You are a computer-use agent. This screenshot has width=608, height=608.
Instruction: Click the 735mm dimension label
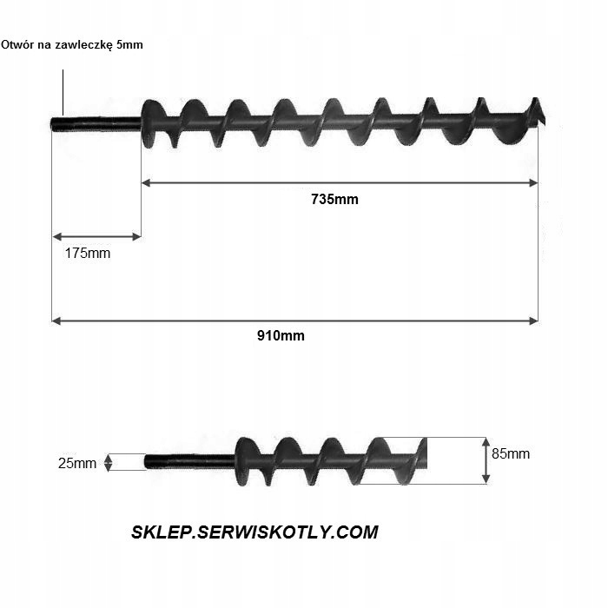pyautogui.click(x=334, y=199)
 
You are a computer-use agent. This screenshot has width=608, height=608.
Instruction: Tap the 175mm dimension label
pyautogui.click(x=88, y=254)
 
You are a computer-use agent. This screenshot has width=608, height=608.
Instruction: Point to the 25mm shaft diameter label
pyautogui.click(x=77, y=463)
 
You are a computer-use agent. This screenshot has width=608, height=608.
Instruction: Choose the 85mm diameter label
pyautogui.click(x=511, y=453)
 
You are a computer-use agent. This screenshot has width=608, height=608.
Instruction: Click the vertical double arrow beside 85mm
pyautogui.click(x=486, y=460)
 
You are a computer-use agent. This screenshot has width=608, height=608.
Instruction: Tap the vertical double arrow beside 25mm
pyautogui.click(x=108, y=462)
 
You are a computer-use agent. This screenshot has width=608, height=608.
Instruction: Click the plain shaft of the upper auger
pyautogui.click(x=96, y=122)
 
